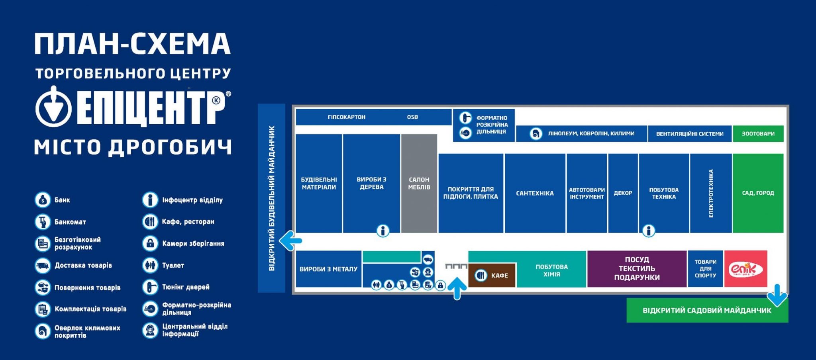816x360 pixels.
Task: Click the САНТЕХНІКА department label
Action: click(535, 194)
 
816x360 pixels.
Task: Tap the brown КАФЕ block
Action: click(492, 275)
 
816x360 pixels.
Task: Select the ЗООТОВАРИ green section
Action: click(758, 134)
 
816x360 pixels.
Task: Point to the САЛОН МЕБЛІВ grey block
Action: click(419, 184)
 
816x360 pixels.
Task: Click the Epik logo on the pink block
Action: click(745, 270)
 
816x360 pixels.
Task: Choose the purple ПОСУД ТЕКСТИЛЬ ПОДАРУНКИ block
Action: click(637, 269)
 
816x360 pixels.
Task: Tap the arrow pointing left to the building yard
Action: click(290, 241)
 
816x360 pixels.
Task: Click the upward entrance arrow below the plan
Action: click(457, 288)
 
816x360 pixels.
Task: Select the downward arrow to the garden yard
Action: click(777, 295)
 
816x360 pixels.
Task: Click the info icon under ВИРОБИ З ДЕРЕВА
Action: click(383, 231)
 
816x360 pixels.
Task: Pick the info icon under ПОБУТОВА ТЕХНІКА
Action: click(649, 231)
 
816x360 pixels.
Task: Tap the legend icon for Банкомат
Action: click(42, 222)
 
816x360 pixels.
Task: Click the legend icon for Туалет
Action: click(150, 265)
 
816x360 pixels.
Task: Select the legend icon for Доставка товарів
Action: click(42, 266)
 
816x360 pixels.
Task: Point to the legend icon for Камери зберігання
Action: click(150, 243)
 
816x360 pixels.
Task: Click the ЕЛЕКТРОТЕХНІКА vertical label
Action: click(711, 194)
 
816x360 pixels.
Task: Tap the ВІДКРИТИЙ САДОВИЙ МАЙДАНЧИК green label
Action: click(707, 311)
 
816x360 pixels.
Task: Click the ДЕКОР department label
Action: click(623, 193)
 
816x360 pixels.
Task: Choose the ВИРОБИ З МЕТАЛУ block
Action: click(328, 269)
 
